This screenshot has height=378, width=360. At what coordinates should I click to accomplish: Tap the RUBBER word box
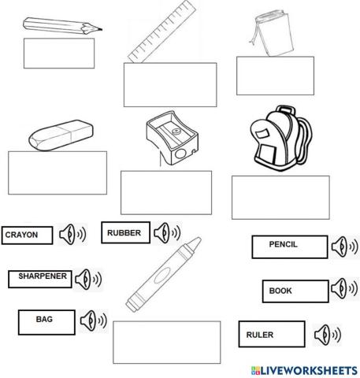[x=124, y=232]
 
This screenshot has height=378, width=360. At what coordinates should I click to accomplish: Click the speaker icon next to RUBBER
[x=166, y=232]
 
